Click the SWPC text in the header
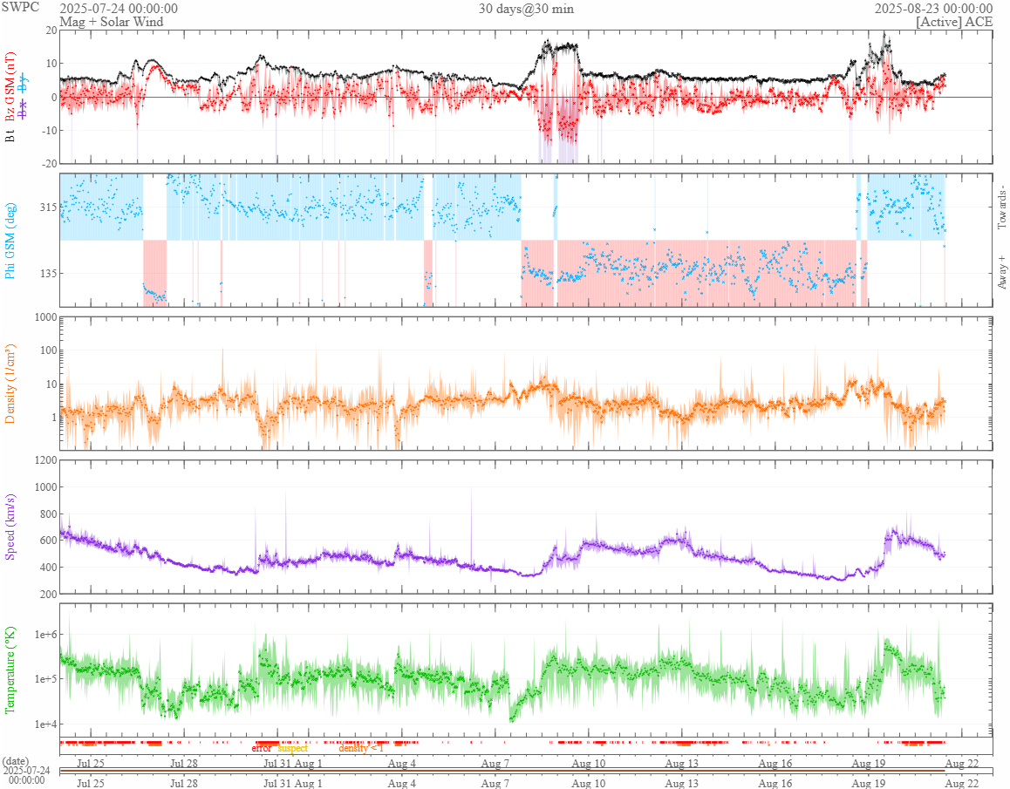point(20,8)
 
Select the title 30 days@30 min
point(526,9)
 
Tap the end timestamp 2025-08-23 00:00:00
point(933,9)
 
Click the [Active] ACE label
point(954,21)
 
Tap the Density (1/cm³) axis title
point(10,383)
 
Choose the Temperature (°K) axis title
point(10,670)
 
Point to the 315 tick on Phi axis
point(45,207)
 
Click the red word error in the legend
point(261,749)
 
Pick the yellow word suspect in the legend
point(292,749)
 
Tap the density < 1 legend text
point(361,749)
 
